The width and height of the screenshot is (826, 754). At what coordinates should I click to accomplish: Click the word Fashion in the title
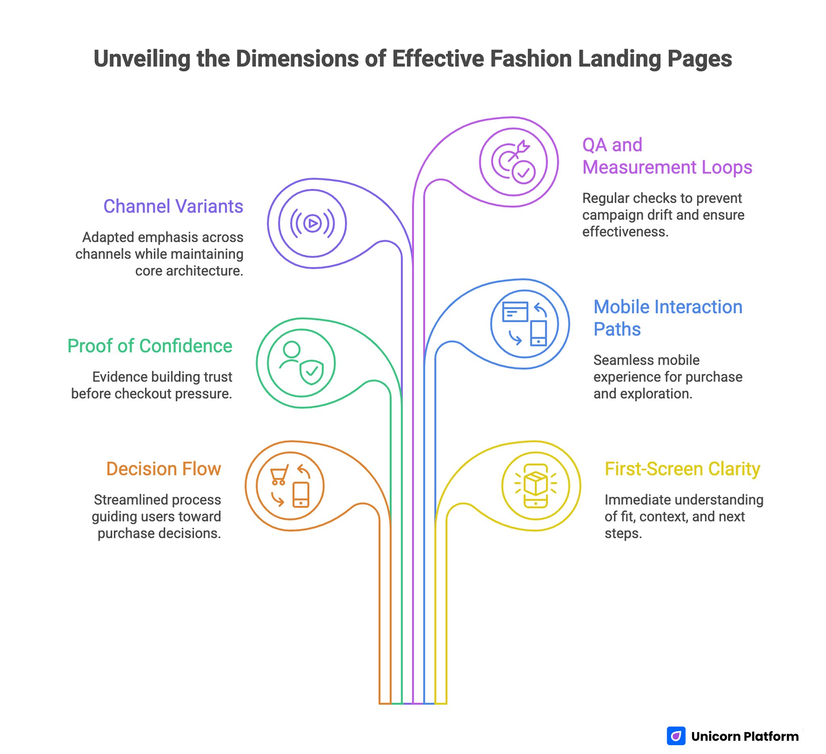(x=531, y=59)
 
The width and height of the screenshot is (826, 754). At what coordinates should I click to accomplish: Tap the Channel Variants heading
(x=173, y=206)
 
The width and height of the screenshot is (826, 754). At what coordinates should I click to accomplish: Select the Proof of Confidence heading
(x=150, y=346)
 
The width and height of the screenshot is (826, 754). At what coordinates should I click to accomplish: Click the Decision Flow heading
(x=163, y=469)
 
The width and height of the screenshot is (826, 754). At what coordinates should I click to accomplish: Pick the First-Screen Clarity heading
(x=682, y=469)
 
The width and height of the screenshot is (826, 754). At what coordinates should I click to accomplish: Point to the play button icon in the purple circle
(x=313, y=224)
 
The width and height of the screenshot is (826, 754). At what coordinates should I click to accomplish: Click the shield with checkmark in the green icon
(x=312, y=372)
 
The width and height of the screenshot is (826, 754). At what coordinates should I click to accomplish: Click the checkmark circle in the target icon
(x=524, y=173)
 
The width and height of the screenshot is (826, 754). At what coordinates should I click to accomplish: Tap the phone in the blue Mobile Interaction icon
(x=538, y=333)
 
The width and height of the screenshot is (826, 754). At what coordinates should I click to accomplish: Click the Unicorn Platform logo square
(x=676, y=736)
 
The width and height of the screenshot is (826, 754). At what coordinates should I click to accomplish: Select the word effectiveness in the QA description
(x=625, y=232)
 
